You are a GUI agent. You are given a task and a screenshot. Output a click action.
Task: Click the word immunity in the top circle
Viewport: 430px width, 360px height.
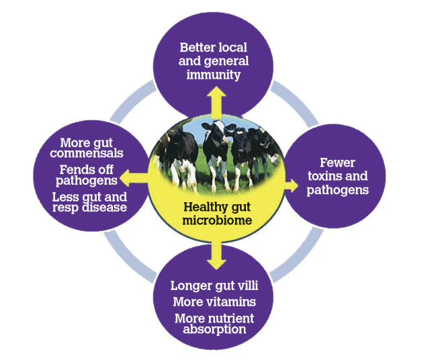(214, 75)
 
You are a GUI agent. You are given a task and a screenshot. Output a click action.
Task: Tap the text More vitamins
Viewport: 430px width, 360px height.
(214, 302)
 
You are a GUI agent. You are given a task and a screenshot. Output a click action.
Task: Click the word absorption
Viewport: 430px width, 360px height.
(214, 329)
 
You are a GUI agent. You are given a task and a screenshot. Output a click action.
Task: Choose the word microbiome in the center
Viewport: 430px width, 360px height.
(215, 220)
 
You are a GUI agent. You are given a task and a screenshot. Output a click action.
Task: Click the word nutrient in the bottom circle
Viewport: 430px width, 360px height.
(231, 317)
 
